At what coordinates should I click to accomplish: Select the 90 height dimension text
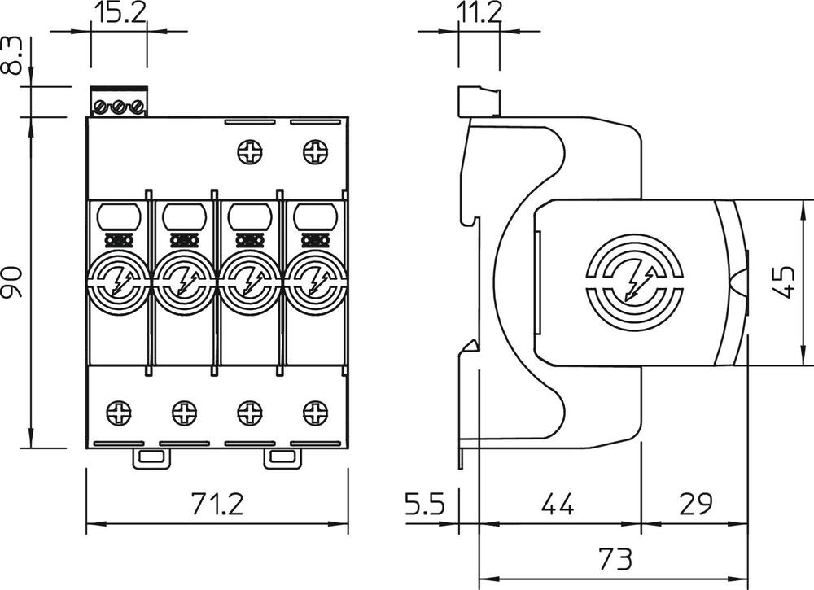click(12, 281)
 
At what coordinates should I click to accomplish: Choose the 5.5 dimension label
click(426, 505)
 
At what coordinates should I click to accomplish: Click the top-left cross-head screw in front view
click(249, 151)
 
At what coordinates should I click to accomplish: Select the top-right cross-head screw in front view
click(314, 151)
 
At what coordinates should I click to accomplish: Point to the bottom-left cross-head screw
click(119, 413)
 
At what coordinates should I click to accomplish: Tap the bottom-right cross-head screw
click(314, 413)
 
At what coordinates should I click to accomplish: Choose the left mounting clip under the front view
click(151, 459)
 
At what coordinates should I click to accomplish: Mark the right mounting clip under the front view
click(282, 459)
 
